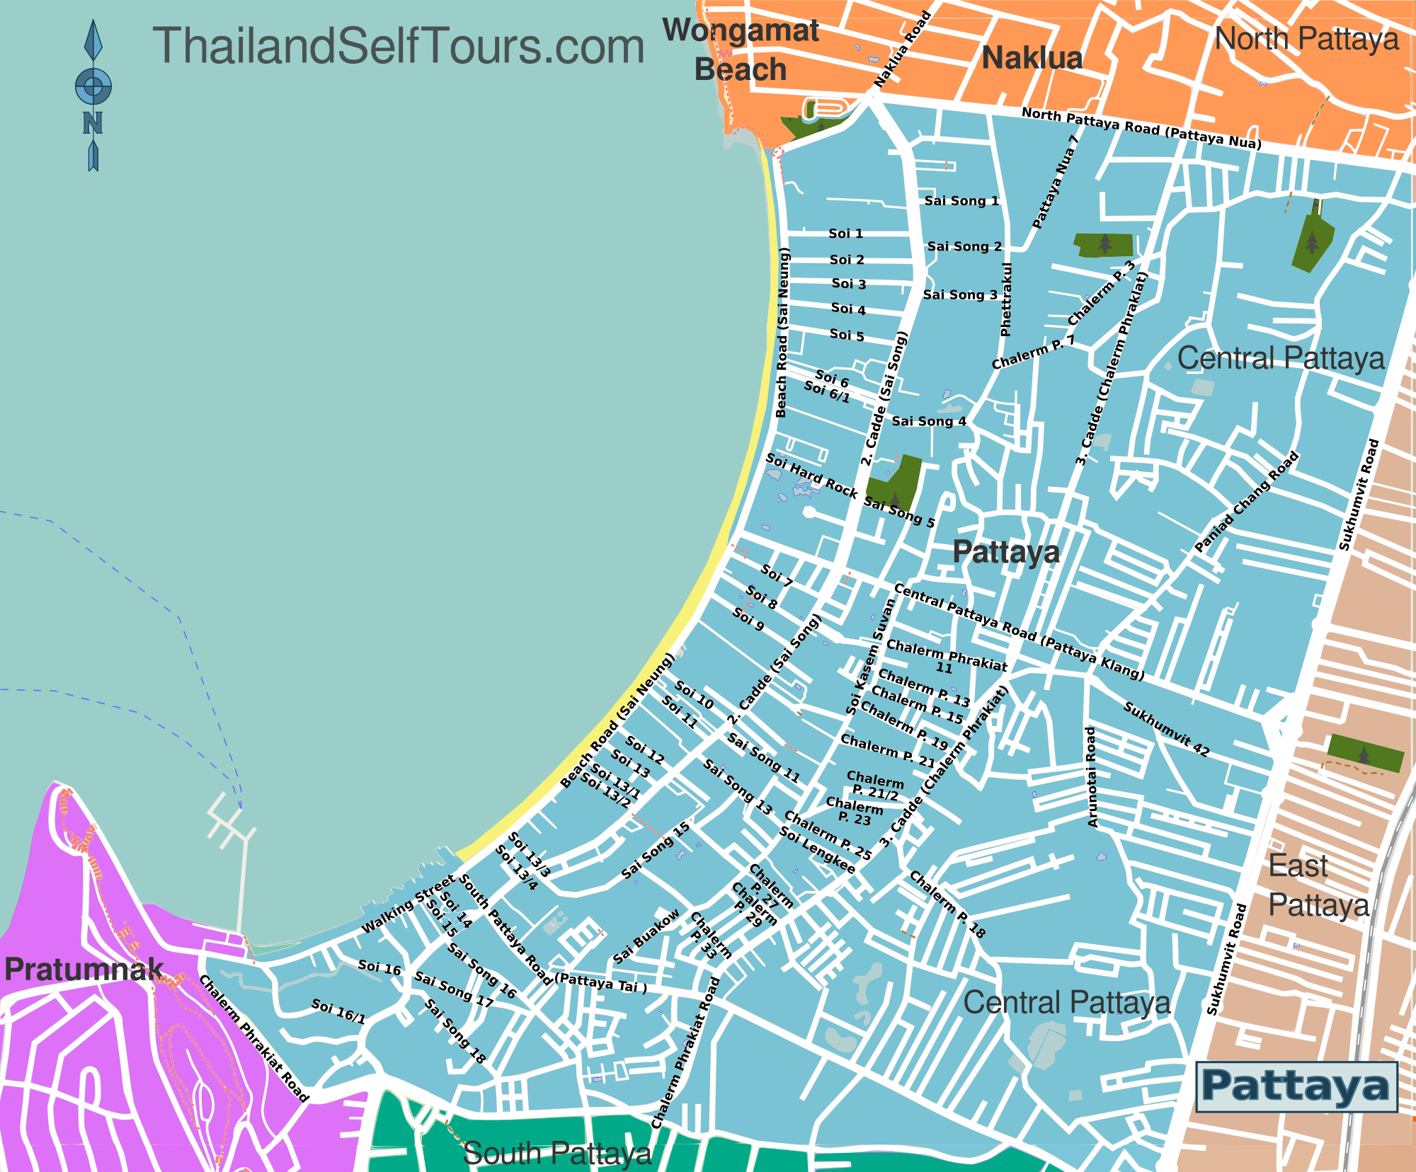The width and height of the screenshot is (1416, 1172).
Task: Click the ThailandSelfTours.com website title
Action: coord(398,47)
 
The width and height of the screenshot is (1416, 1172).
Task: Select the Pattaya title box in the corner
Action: coord(1296,1086)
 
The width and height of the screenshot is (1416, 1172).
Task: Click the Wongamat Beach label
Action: coord(741,50)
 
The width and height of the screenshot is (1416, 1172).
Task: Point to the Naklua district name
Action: coord(1032,58)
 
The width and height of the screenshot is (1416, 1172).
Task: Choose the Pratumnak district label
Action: coord(84,969)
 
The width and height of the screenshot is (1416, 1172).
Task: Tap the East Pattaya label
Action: coord(1318,885)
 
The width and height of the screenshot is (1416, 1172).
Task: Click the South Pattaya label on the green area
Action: coord(557,1153)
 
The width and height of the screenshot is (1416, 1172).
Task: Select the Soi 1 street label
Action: coord(845,234)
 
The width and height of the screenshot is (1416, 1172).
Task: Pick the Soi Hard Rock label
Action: coord(811,476)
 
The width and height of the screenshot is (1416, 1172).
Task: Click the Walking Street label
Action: coord(408,904)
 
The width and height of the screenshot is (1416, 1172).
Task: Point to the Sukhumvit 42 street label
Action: coord(1166,729)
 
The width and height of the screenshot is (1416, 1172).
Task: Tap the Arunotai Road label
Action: coord(1091,776)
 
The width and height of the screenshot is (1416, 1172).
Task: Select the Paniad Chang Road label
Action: coord(1247,501)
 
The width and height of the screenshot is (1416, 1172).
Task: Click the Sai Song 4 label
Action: coord(928,421)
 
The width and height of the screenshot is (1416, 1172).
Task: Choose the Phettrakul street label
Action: coord(1006,299)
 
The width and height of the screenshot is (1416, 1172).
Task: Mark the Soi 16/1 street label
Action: coord(338,1011)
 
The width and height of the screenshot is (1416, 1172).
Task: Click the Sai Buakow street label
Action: coord(646,936)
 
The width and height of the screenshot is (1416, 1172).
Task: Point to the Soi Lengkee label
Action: coord(817,849)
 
